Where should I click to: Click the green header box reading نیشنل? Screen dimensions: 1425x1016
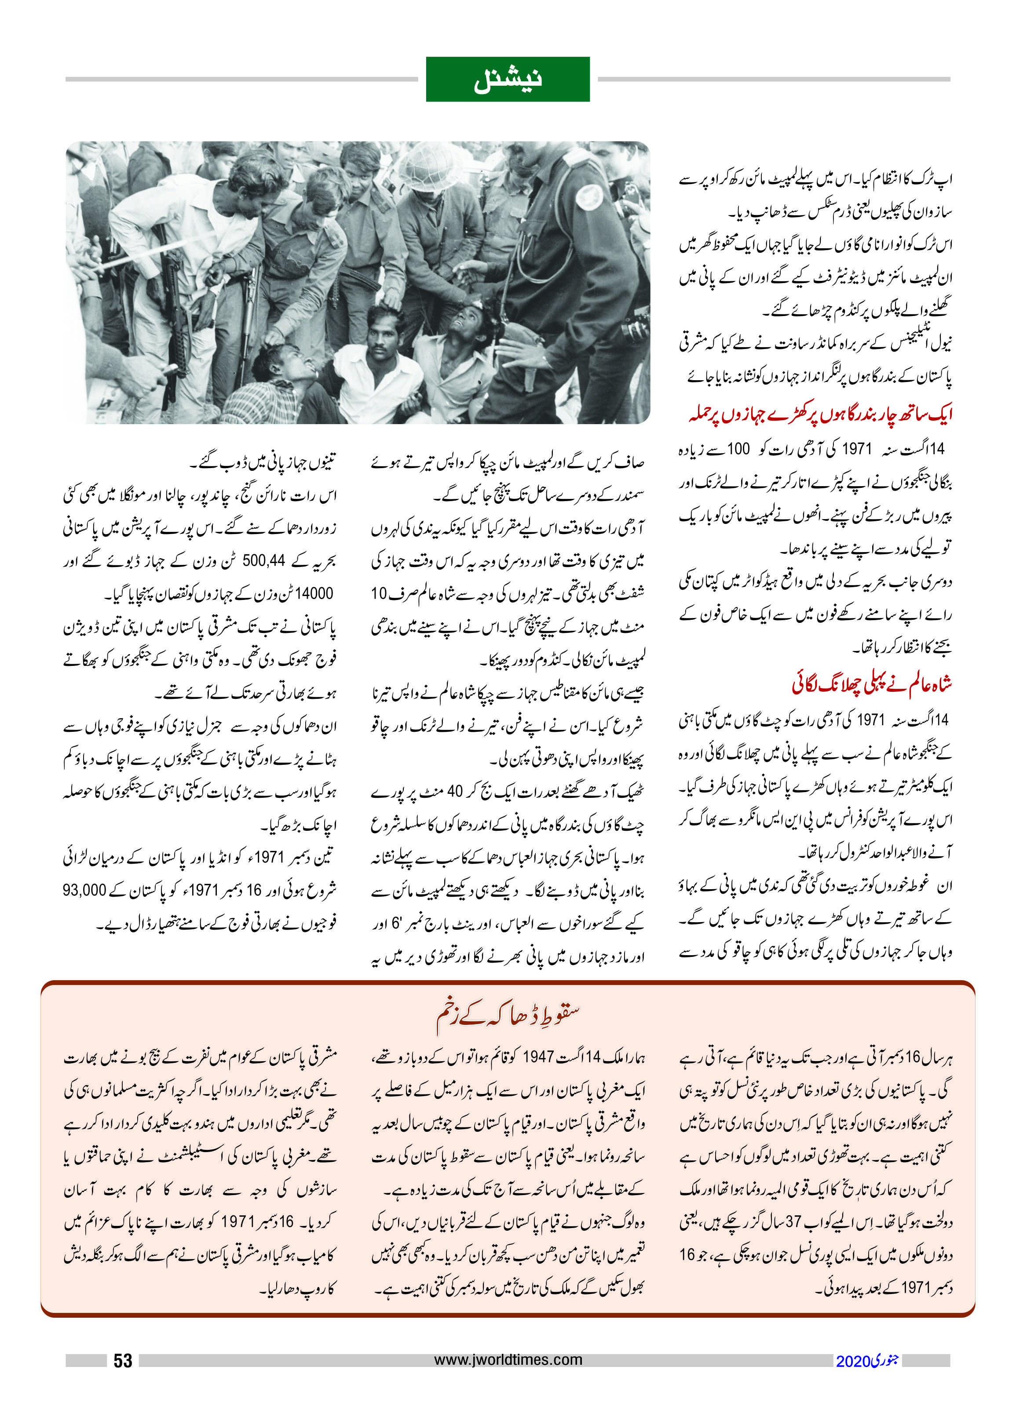pyautogui.click(x=508, y=80)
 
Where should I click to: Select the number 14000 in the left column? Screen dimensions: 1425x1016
pyautogui.click(x=314, y=593)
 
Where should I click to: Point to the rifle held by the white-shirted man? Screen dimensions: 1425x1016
pyautogui.click(x=170, y=313)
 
